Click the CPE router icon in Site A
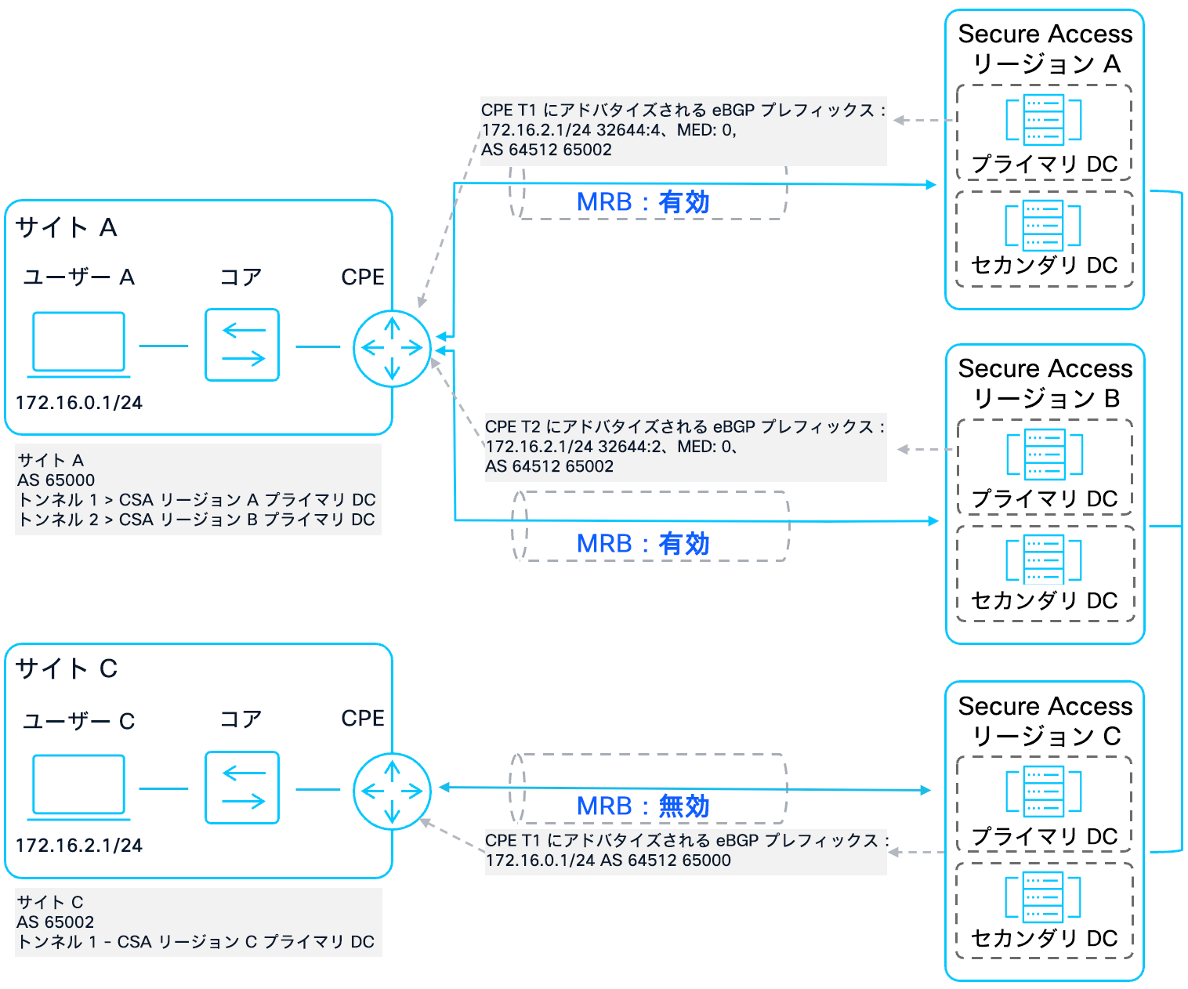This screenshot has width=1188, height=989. tap(392, 348)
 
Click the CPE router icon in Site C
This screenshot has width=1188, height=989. tap(392, 791)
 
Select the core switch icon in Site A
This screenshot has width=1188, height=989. tap(242, 345)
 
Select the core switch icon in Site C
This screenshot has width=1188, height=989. tap(242, 788)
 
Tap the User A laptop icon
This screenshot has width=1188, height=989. tap(78, 343)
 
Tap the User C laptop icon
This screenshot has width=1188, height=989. tap(78, 786)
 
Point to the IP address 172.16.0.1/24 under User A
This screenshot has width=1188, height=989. tap(79, 403)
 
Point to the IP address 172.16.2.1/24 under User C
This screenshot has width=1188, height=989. tap(79, 846)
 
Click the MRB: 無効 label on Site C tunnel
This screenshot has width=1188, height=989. tap(643, 806)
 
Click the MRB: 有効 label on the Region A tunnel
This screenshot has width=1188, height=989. tap(643, 202)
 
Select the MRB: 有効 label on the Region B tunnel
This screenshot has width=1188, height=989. tap(643, 543)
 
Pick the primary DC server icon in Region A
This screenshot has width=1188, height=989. tap(1043, 120)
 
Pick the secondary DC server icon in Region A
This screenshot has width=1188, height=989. tap(1043, 226)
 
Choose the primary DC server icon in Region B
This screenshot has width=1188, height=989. tap(1044, 455)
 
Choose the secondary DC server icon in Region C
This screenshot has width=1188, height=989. tap(1043, 897)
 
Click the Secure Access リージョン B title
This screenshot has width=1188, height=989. tap(1045, 383)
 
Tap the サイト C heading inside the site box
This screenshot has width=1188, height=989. tap(67, 668)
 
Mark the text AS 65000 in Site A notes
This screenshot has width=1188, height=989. tap(56, 480)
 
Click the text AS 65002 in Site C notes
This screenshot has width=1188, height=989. tap(56, 922)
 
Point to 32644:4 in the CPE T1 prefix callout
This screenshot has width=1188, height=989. tap(628, 130)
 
